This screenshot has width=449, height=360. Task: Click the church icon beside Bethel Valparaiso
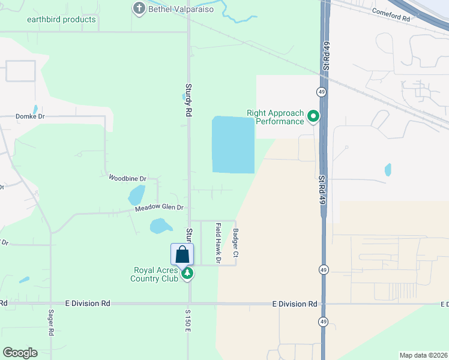tap(139, 8)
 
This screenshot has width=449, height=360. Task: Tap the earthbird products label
tap(61, 19)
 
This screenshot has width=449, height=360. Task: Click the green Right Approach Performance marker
tap(313, 116)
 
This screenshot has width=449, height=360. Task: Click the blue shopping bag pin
tap(182, 254)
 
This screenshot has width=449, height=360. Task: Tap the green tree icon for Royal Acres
tap(188, 274)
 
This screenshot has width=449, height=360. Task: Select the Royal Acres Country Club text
tap(155, 274)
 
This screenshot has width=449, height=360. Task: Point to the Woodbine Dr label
tap(127, 178)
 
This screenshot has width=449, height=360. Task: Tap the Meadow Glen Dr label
tap(158, 208)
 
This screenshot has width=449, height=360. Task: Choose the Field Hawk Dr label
tap(218, 243)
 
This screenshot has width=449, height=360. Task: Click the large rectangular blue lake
tap(234, 145)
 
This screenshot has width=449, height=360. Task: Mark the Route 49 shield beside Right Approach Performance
tap(321, 91)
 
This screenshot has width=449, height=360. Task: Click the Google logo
tap(20, 352)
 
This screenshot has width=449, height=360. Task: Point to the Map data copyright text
tap(423, 355)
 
